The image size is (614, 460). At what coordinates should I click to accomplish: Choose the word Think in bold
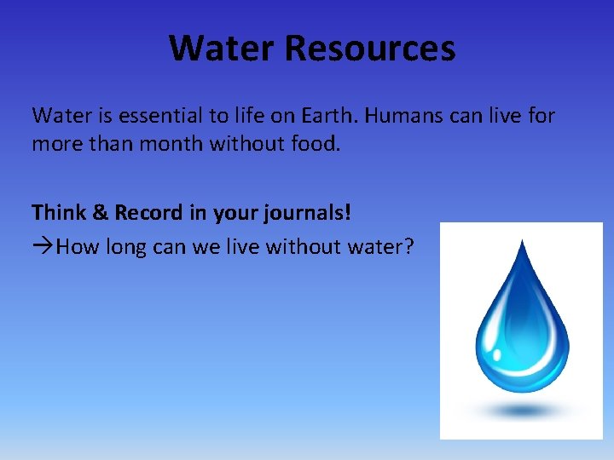58,212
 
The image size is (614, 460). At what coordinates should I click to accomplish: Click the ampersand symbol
100,212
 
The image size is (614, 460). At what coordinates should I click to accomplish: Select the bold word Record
147,212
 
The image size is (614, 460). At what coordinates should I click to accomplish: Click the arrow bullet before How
43,247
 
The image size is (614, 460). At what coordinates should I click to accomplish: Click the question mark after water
408,247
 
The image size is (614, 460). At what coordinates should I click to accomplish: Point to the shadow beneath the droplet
523,410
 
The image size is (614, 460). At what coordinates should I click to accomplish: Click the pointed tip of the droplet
524,244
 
